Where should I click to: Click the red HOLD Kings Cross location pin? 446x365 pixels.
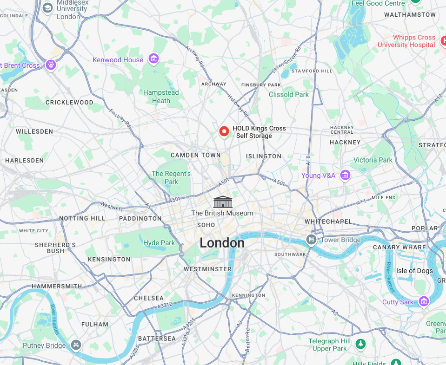(224, 131)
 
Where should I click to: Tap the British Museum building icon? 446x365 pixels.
(222, 202)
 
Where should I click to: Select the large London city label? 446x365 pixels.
(222, 243)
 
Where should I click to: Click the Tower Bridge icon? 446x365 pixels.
(311, 240)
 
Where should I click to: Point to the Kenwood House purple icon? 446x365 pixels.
(153, 59)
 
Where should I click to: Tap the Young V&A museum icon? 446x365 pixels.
(345, 175)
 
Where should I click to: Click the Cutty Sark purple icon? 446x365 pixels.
(423, 302)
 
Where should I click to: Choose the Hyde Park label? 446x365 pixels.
(159, 243)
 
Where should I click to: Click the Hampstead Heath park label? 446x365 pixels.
(161, 97)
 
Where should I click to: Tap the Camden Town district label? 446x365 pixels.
(195, 155)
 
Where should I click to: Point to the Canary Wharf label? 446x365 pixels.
(399, 247)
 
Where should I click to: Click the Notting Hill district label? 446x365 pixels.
(82, 218)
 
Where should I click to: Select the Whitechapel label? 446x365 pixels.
(328, 222)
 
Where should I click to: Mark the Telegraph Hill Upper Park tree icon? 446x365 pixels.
(359, 344)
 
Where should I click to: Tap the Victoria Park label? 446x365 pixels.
(373, 160)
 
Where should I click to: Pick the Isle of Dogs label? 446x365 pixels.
(414, 271)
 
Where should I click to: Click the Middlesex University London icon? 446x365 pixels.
(47, 8)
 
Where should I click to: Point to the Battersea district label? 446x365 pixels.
(157, 339)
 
